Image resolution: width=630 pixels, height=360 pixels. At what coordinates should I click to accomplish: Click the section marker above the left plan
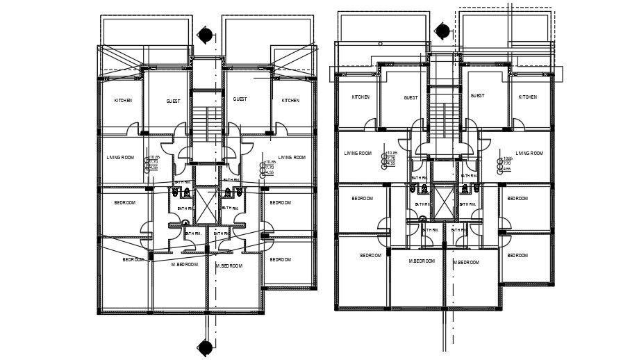tap(205, 35)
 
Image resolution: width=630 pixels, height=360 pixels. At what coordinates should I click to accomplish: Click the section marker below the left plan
tap(205, 347)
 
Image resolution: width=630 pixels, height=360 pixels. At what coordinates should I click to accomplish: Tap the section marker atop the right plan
tap(442, 32)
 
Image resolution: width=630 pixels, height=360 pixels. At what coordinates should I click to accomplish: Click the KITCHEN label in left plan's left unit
tap(123, 101)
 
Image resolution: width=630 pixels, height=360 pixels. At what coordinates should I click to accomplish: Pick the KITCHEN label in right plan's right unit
tap(527, 97)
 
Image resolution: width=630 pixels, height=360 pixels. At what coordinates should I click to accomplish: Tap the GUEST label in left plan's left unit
tap(173, 101)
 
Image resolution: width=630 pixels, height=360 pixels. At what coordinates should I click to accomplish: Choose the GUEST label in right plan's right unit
tap(477, 96)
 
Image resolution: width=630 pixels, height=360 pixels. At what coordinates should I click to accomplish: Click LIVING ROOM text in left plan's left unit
tap(120, 158)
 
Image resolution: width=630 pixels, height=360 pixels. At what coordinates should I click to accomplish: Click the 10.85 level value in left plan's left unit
tap(153, 156)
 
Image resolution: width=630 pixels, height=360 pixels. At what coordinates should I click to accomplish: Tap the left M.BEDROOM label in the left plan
tap(185, 265)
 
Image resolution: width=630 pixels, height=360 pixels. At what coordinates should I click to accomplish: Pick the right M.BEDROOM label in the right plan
tap(466, 263)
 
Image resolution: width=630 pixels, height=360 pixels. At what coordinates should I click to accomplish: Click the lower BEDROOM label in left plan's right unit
tap(280, 259)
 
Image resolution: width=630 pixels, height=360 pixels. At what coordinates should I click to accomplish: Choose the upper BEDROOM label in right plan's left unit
tap(362, 199)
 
